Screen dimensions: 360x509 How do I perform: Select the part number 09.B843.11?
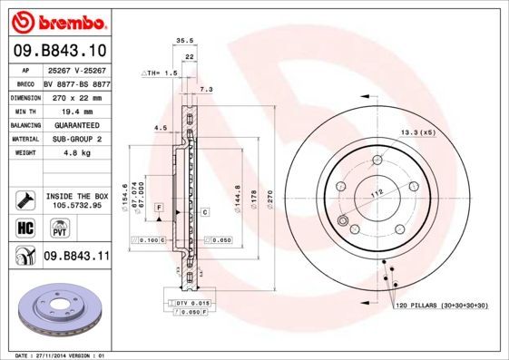pos(76,258)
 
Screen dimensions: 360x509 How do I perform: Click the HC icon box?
pos(24,227)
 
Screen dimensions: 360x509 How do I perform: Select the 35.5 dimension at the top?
pos(184,41)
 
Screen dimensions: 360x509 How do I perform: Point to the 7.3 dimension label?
pos(205,90)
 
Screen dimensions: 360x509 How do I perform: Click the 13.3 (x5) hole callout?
pos(418,132)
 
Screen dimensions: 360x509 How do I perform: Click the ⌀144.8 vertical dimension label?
pos(238,198)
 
